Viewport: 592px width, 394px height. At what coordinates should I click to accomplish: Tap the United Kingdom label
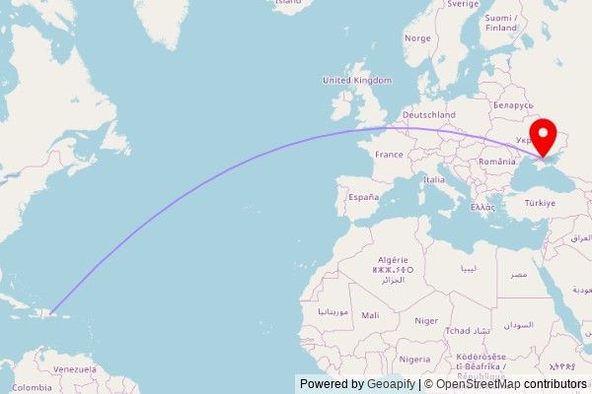[x=357, y=80]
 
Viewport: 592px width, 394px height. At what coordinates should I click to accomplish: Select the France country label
[x=389, y=155]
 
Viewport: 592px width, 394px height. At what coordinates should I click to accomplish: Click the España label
[x=362, y=197]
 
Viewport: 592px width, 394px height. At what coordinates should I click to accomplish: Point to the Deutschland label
[x=428, y=115]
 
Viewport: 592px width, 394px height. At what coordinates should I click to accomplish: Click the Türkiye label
[x=540, y=203]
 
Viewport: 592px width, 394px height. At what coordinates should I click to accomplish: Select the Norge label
[x=417, y=38]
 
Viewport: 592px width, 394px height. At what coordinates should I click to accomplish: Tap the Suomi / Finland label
[x=503, y=23]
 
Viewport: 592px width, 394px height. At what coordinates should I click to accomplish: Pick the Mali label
[x=370, y=315]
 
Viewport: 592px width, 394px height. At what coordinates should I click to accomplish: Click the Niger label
[x=426, y=320]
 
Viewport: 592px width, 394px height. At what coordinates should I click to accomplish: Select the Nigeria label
[x=414, y=359]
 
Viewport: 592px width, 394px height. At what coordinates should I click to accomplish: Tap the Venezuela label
[x=75, y=368]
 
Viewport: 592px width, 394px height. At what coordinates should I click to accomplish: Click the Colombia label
[x=33, y=387]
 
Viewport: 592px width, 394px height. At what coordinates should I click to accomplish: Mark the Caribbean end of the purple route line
[x=52, y=314]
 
